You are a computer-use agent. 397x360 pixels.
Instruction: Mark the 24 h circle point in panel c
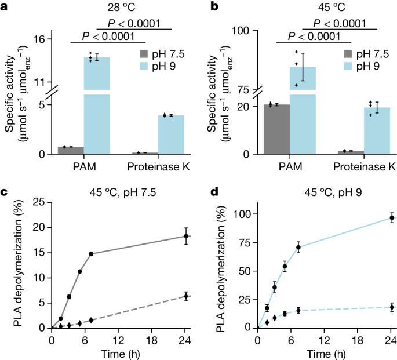(x=186, y=236)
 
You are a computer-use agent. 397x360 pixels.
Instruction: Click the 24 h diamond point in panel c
(x=186, y=296)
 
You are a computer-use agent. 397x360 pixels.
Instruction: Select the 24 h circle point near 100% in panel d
(x=392, y=218)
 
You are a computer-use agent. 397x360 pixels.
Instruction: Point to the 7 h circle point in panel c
(x=91, y=254)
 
